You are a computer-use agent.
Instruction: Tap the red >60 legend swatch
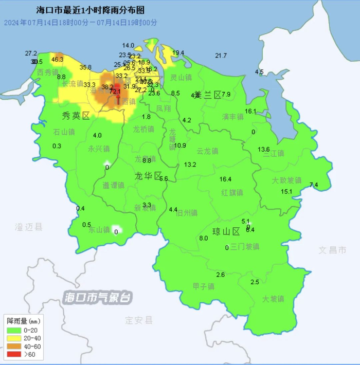pos(14,354)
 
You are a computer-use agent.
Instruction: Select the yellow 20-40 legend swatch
pos(14,338)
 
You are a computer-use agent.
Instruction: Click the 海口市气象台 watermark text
pos(98,298)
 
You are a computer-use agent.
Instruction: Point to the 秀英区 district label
pos(75,116)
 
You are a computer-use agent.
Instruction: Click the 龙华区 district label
pos(148,176)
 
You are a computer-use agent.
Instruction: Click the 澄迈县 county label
pos(29,226)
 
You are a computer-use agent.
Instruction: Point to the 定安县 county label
pos(139,320)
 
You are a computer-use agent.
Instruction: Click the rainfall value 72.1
pos(115,92)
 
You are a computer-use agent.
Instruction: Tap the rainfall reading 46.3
pos(58,60)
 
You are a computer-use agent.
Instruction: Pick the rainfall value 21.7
pos(221,56)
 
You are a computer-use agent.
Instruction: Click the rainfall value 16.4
pos(226,179)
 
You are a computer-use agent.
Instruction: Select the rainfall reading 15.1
pos(286,192)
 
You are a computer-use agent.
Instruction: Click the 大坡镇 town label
pos(273,299)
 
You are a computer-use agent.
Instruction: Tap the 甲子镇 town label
pos(203,286)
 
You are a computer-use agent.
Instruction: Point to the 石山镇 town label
pos(64,132)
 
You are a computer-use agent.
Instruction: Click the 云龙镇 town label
pos(207,151)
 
